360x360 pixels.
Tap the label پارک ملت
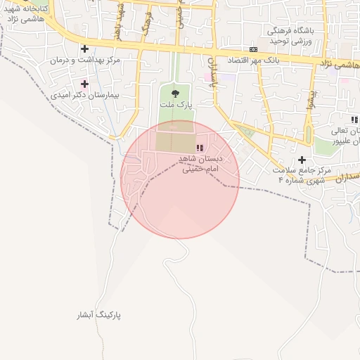tap(175, 105)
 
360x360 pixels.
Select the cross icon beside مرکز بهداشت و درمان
tap(85, 49)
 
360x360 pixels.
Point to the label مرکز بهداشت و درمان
tap(85, 60)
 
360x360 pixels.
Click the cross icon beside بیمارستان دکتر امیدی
tap(85, 84)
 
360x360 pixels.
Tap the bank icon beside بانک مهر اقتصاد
tap(253, 49)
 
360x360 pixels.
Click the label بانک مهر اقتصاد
tap(253, 60)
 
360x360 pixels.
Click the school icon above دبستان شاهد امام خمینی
tap(200, 148)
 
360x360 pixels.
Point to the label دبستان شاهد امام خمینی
tap(201, 165)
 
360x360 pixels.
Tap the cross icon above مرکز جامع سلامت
tap(302, 160)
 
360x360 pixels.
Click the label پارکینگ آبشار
tap(99, 316)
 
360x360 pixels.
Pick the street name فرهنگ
tap(146, 26)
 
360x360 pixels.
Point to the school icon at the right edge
tap(354, 120)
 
